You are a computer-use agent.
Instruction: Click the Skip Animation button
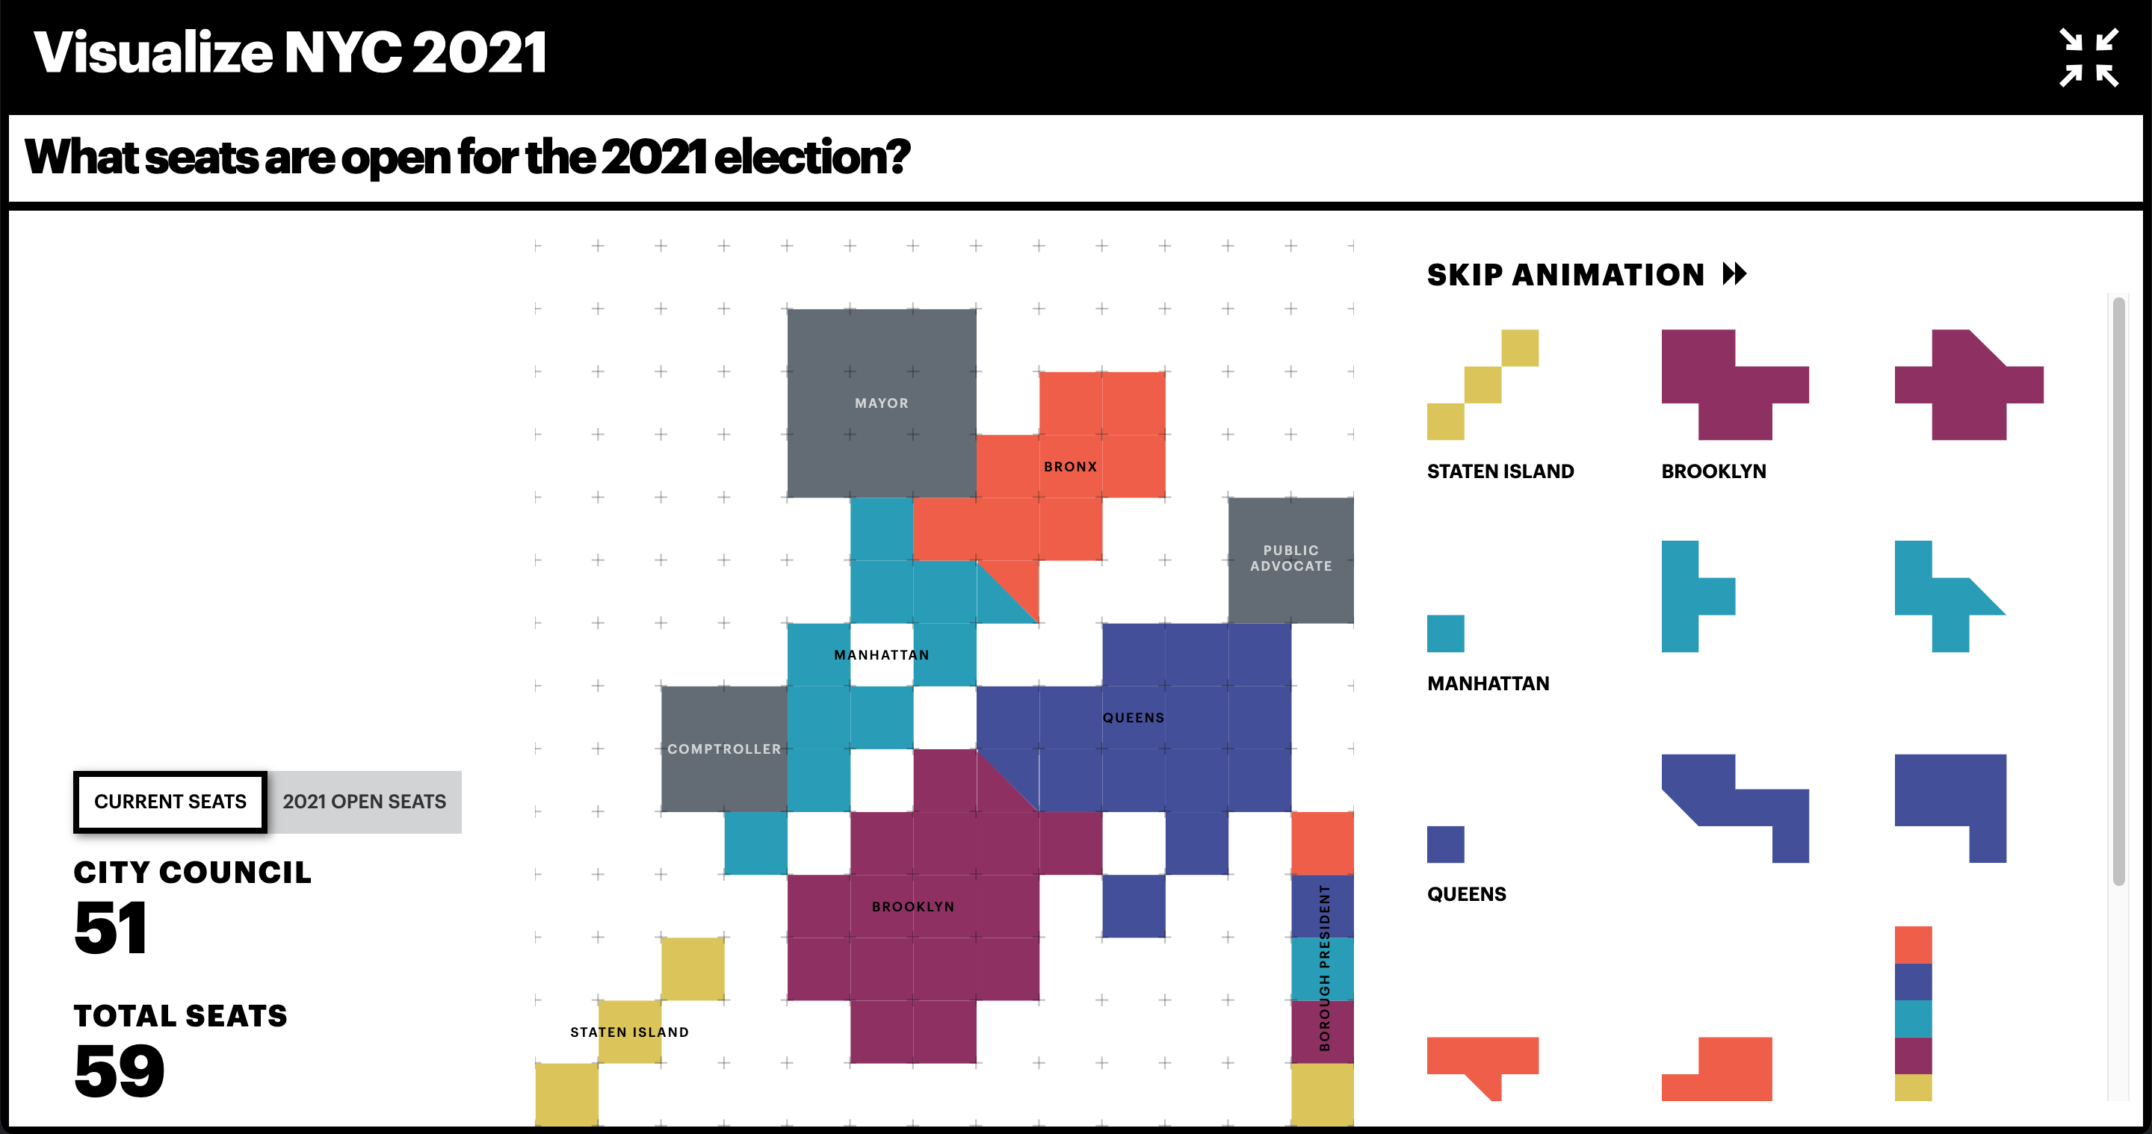point(1586,275)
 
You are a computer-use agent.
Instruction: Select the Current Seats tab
point(170,802)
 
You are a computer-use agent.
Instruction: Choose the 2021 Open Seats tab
point(364,802)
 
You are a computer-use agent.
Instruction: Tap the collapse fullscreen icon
point(2088,57)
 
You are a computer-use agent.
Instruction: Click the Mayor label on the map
point(882,403)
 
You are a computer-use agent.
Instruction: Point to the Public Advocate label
point(1290,558)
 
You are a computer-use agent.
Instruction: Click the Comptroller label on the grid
point(724,749)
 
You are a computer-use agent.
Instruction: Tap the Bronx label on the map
point(1070,467)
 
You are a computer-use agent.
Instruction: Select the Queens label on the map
point(1133,718)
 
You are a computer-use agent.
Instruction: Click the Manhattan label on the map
point(882,654)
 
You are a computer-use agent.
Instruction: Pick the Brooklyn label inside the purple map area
point(913,907)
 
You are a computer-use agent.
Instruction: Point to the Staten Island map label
point(629,1032)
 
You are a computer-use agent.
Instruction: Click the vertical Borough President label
point(1324,968)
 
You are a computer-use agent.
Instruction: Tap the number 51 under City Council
point(111,928)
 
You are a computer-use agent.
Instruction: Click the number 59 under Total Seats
point(120,1071)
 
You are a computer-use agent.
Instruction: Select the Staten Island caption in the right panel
point(1500,472)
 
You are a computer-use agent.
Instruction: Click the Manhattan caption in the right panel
point(1488,684)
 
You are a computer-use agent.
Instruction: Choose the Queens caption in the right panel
point(1466,894)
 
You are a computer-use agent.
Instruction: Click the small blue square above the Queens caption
point(1445,844)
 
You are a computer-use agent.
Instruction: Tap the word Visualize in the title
point(154,52)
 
